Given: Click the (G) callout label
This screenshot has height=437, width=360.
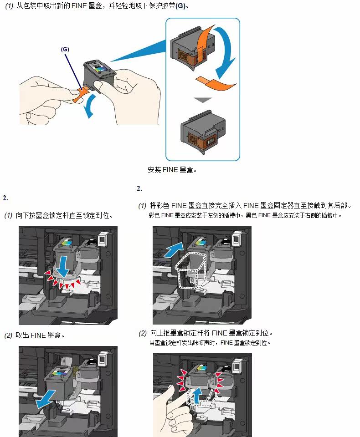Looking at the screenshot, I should click(x=65, y=49).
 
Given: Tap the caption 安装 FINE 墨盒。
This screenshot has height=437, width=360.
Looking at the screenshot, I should click(x=172, y=170).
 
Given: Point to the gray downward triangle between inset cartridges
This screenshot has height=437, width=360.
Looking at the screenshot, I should click(x=202, y=99).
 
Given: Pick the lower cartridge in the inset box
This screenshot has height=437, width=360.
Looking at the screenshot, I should click(x=203, y=129).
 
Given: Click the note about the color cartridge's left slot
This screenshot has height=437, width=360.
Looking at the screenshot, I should click(x=245, y=215).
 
